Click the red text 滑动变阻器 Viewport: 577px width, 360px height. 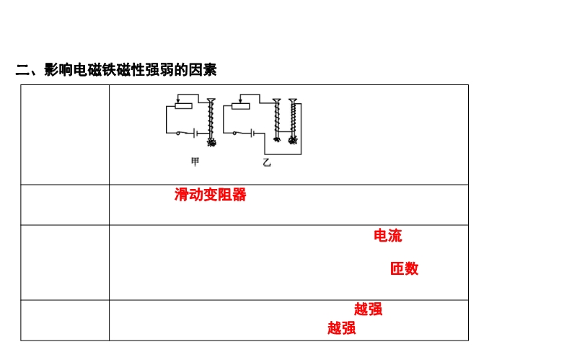click(210, 195)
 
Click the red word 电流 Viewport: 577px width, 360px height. click(388, 236)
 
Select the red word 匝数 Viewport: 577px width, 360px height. click(404, 269)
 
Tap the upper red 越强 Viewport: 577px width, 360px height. click(368, 309)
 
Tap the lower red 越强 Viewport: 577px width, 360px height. click(341, 328)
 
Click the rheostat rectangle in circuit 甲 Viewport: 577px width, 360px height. click(184, 106)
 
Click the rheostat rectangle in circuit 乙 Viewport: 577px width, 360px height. click(241, 106)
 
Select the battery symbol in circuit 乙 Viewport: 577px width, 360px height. click(252, 133)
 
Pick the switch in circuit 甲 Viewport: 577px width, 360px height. click(183, 133)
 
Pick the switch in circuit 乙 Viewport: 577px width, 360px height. click(239, 133)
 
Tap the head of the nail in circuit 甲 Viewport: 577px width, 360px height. click(211, 100)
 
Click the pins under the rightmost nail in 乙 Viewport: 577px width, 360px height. click(293, 141)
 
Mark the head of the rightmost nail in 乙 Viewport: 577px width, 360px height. click(293, 100)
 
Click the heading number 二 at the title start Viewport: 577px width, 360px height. click(22, 70)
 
